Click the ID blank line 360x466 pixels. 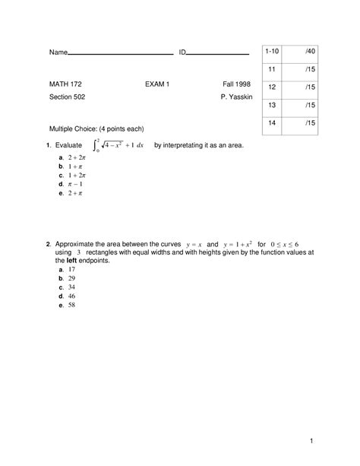[218, 54]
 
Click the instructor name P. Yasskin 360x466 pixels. [235, 97]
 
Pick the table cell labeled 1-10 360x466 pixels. [272, 50]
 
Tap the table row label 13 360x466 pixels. [271, 104]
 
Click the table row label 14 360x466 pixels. [271, 122]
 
